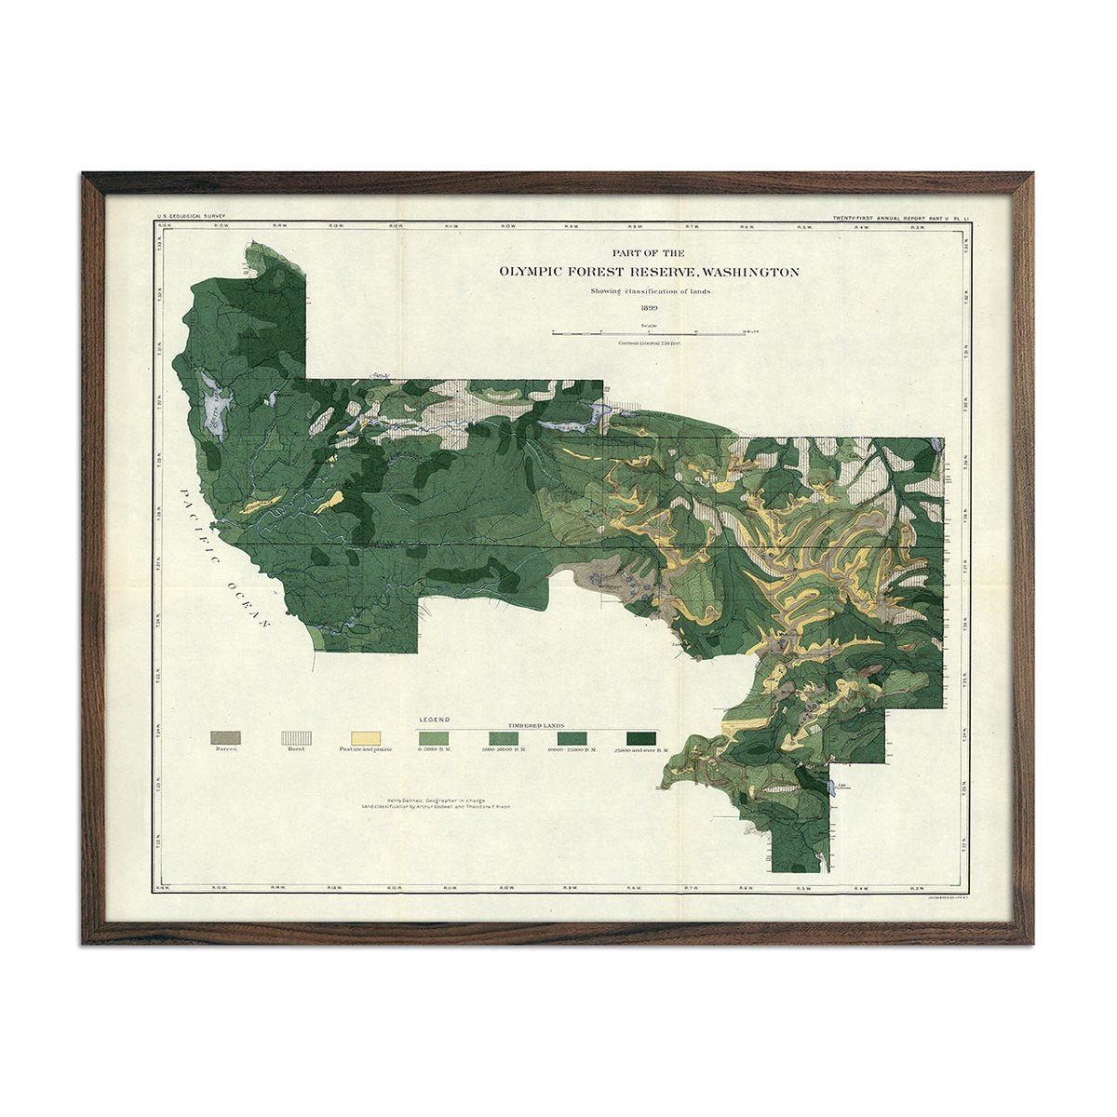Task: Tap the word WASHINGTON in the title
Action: tap(749, 273)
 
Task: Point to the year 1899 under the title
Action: tap(649, 307)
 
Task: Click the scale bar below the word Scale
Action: tap(649, 332)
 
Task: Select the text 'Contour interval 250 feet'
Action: tap(649, 343)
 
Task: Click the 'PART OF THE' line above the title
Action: tap(648, 253)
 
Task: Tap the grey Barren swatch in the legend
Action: tap(226, 737)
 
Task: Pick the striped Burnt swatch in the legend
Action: tap(296, 737)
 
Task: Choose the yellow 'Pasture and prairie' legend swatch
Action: tap(365, 737)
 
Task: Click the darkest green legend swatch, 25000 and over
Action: tap(639, 737)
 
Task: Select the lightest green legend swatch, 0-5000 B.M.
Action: tap(434, 737)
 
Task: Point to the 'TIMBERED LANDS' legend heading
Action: tap(537, 723)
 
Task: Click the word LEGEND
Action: tap(435, 720)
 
